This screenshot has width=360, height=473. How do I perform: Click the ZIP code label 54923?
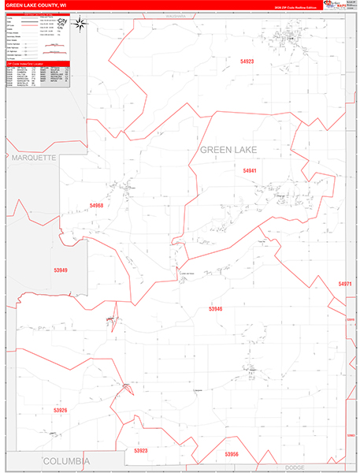(x=247, y=60)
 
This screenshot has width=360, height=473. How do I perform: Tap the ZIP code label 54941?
(x=250, y=170)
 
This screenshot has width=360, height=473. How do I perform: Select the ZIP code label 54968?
(x=96, y=205)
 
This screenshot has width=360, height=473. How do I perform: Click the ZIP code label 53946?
(x=215, y=309)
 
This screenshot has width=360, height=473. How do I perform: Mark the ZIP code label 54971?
(x=345, y=283)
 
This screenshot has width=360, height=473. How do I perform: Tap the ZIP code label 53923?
(x=141, y=450)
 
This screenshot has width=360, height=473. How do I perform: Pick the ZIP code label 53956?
(x=231, y=454)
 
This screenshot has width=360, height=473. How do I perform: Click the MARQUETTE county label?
(x=34, y=158)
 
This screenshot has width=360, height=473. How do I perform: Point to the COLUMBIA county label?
(x=66, y=460)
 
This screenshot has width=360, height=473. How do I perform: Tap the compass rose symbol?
(x=80, y=24)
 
